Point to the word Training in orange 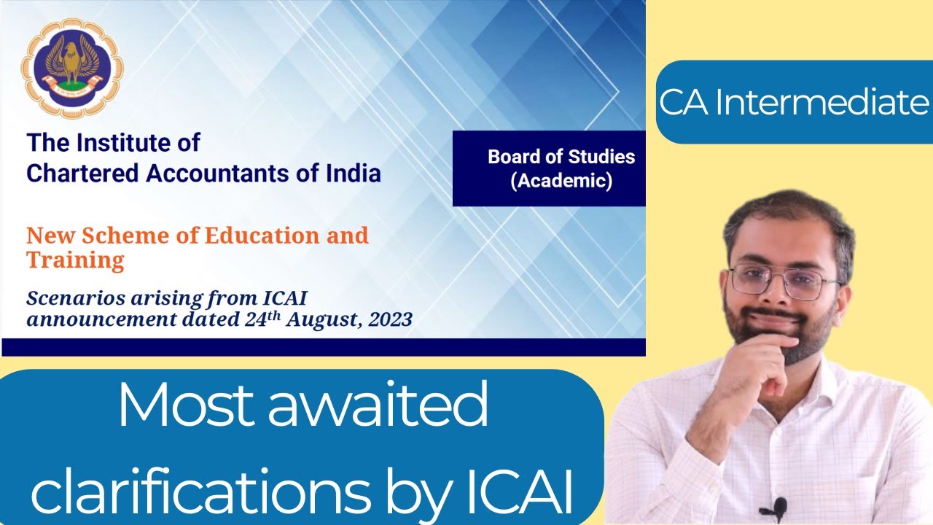click(x=75, y=260)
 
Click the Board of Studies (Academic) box click(x=550, y=168)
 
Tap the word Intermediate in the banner click(x=822, y=103)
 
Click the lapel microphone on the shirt click(x=779, y=505)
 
